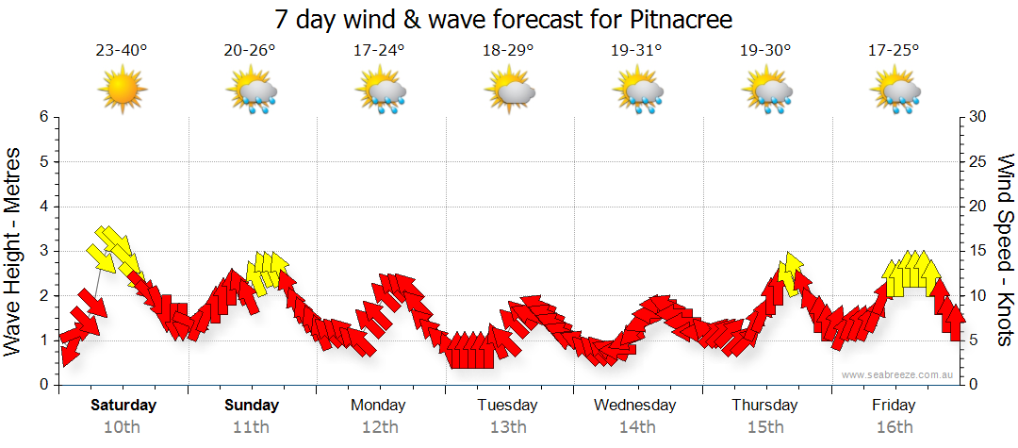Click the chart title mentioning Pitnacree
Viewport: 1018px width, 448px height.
click(503, 19)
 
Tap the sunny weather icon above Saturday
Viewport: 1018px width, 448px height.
click(122, 91)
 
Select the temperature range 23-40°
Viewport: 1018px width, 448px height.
click(122, 51)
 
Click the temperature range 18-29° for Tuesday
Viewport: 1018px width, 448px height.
click(508, 51)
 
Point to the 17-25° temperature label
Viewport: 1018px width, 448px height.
click(894, 51)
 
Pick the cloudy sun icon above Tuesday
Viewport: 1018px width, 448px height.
click(509, 91)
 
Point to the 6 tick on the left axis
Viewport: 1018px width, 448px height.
click(42, 117)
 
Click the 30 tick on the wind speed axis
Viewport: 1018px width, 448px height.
click(978, 117)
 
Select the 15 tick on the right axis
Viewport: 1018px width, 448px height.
click(978, 251)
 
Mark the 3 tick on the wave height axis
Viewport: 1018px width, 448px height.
click(42, 251)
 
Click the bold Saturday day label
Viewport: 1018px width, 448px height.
click(123, 406)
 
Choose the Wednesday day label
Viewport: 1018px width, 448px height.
click(635, 406)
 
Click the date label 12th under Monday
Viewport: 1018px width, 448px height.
click(379, 427)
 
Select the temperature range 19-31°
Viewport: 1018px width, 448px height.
click(636, 51)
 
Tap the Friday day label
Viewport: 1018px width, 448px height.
click(894, 406)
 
